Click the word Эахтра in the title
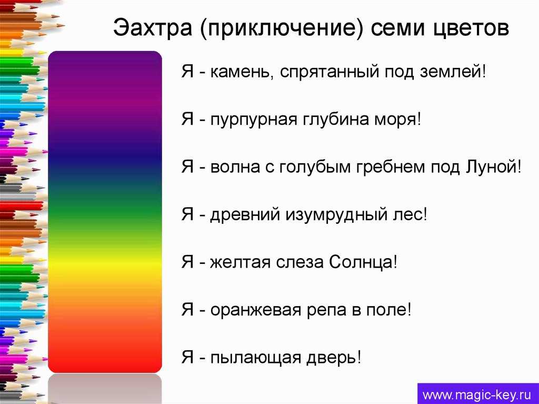pos(152,27)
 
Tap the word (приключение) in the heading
pos(281,28)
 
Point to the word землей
pos(451,72)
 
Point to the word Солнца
pos(360,262)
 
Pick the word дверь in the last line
pos(331,358)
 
